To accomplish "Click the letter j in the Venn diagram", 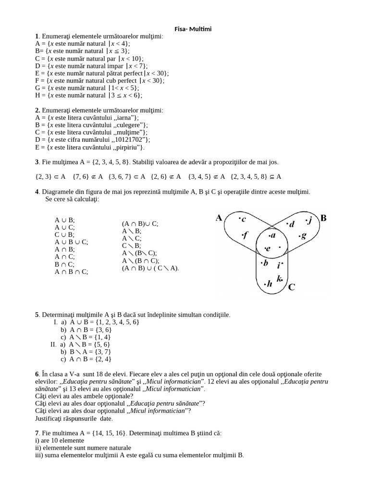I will (x=309, y=221).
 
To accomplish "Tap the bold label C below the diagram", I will (x=292, y=287).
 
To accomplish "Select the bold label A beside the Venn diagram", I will (x=219, y=218).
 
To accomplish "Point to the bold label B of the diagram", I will (x=323, y=218).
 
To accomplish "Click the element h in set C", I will (x=269, y=284).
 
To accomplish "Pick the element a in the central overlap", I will (x=272, y=235).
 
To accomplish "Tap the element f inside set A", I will (x=245, y=235).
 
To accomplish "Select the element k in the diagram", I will (x=280, y=278).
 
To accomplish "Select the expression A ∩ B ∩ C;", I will (x=72, y=271).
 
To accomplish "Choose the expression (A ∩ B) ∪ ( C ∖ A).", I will (x=150, y=268).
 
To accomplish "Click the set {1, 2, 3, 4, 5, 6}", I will (x=114, y=322).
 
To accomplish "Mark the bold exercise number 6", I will (x=37, y=374).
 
